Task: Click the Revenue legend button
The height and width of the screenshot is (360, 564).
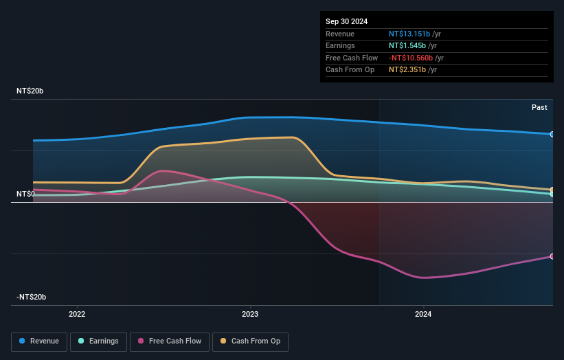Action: pyautogui.click(x=39, y=341)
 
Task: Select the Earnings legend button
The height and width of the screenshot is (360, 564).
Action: pyautogui.click(x=98, y=341)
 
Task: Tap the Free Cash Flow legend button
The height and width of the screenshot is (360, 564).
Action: pyautogui.click(x=169, y=341)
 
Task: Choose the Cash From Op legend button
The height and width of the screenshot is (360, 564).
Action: pyautogui.click(x=250, y=341)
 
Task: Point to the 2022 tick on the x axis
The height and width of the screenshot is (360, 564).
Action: pyautogui.click(x=77, y=314)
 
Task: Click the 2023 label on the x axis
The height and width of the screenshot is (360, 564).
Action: pyautogui.click(x=250, y=314)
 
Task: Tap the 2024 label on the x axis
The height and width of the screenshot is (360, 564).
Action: pyautogui.click(x=423, y=314)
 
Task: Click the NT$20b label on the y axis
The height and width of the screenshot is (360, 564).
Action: pyautogui.click(x=30, y=91)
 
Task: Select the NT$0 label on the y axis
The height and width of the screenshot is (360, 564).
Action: pyautogui.click(x=27, y=194)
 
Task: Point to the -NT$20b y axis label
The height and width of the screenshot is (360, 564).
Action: pyautogui.click(x=32, y=297)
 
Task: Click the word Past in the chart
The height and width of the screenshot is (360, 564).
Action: pyautogui.click(x=539, y=107)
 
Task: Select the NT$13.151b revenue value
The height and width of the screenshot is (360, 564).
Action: pyautogui.click(x=409, y=33)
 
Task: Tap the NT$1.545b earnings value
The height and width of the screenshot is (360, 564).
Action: pyautogui.click(x=407, y=45)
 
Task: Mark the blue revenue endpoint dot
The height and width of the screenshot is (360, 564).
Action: pyautogui.click(x=552, y=134)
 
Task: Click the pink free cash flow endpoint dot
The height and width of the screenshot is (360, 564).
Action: pyautogui.click(x=552, y=256)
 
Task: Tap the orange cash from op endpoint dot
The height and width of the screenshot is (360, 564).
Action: pyautogui.click(x=552, y=190)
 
